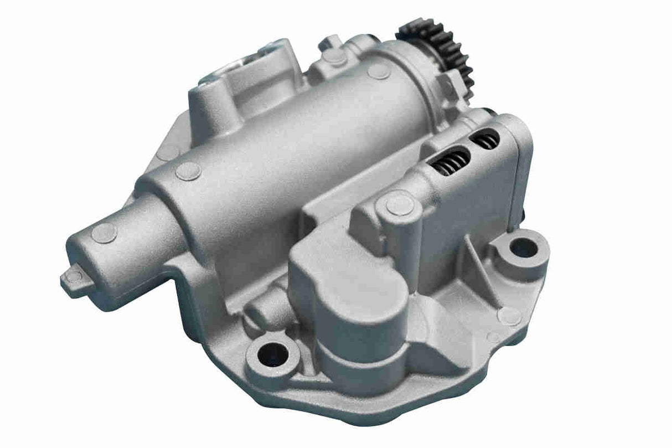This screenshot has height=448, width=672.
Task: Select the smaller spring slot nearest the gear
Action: pos(485,141)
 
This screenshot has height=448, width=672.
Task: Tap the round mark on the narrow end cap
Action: pos(104,233)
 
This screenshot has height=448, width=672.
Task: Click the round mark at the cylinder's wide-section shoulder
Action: pos(188,171)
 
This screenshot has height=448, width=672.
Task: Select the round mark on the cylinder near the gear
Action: pos(379,71)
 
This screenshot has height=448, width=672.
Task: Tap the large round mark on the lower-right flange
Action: pos(509,316)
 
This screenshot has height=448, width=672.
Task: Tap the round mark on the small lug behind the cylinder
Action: pos(334,56)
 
